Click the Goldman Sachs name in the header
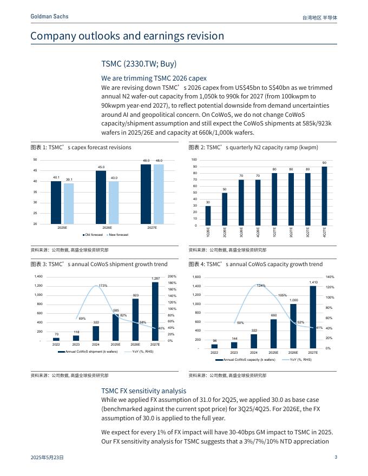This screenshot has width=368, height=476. [x=49, y=17]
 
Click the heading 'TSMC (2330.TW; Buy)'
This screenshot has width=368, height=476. [x=139, y=64]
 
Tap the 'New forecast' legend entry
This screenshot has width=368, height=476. [x=118, y=235]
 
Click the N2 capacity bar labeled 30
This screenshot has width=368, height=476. [x=208, y=215]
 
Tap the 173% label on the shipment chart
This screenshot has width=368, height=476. [x=103, y=285]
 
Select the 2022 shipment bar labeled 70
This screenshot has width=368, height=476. [x=56, y=339]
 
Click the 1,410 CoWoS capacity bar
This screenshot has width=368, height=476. [x=313, y=316]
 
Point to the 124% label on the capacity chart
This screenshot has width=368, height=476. [x=261, y=285]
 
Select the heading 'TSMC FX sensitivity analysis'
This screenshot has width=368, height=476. [x=143, y=391]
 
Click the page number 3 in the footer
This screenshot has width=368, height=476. [x=336, y=458]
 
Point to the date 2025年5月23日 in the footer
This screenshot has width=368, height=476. [x=47, y=458]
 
